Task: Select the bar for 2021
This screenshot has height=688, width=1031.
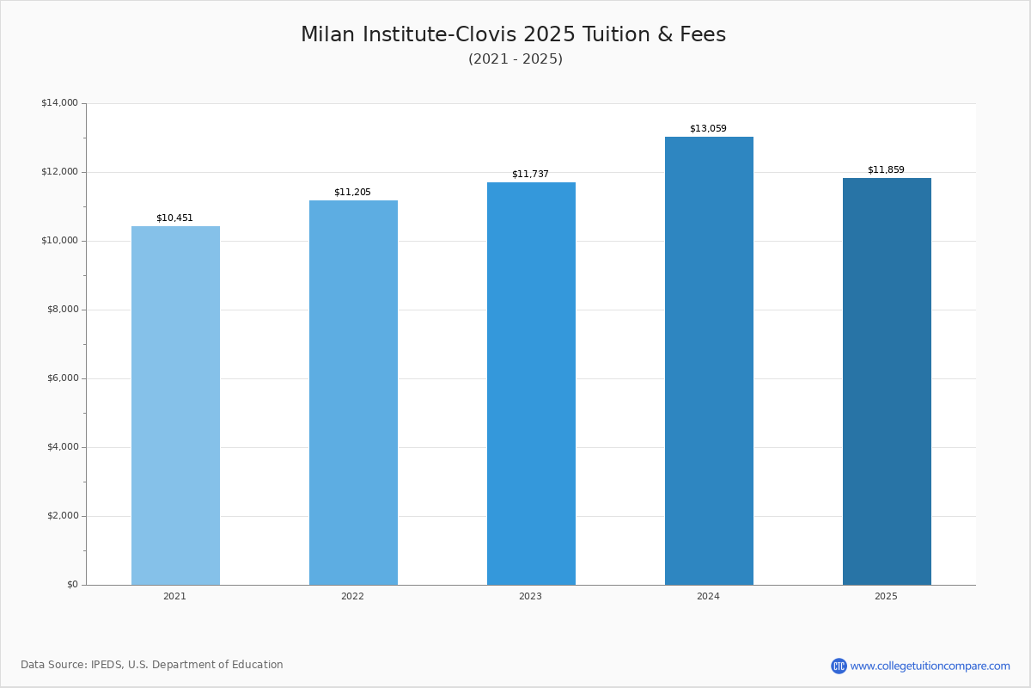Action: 175,405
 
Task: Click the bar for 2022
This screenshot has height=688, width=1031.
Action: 353,392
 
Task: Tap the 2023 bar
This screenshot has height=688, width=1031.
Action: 531,384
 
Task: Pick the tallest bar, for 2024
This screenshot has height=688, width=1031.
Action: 709,360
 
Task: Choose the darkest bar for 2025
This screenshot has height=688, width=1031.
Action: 887,381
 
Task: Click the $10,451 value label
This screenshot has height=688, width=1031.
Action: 174,218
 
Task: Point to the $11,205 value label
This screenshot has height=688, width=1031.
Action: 352,193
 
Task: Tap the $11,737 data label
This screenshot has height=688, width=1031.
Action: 530,175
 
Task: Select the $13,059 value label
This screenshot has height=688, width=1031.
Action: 708,129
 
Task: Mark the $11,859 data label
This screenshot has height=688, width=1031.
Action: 886,170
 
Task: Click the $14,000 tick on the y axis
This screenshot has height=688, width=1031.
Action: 59,103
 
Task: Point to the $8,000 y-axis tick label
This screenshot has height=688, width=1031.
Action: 62,310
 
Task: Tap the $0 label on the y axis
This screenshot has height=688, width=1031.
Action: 72,585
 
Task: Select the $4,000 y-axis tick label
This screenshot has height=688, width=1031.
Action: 62,447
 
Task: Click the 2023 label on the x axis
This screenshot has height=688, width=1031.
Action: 530,597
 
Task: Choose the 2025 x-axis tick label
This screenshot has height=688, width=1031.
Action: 886,597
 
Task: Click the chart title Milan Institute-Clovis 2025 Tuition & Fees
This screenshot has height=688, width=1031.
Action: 513,34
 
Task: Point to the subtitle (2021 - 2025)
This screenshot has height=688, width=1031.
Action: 515,59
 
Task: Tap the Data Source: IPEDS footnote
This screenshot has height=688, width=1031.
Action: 152,665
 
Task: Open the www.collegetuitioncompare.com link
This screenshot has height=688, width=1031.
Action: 930,666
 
